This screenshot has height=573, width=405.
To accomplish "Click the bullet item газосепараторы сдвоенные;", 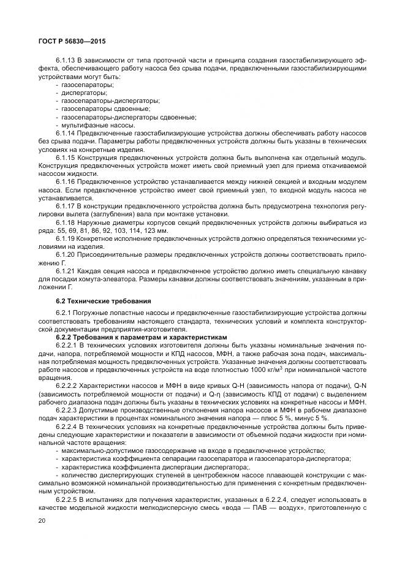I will [102, 108].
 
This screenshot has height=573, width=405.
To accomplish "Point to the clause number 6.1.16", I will [66, 181].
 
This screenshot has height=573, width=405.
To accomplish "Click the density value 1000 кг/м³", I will [266, 370].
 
